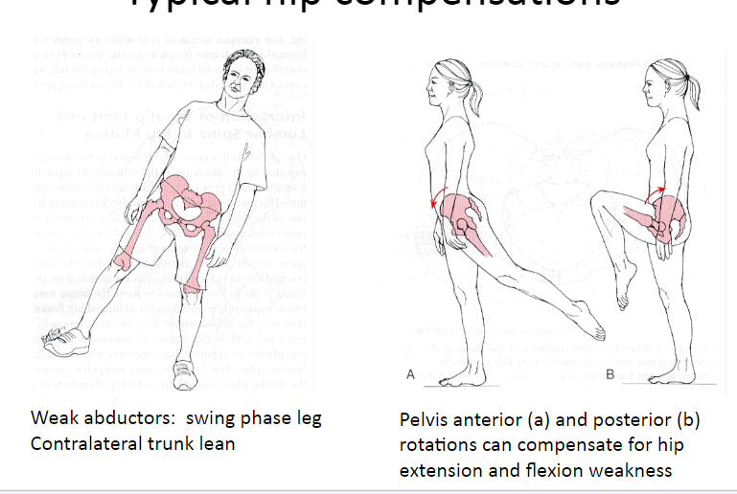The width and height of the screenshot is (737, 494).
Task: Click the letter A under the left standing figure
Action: pyautogui.click(x=410, y=376)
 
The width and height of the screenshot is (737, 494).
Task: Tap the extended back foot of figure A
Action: pyautogui.click(x=588, y=320)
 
